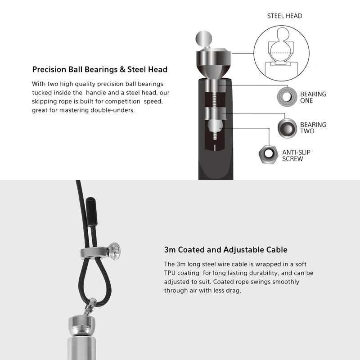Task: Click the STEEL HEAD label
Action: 284,16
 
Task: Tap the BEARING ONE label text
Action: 313,97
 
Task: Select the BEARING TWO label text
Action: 313,128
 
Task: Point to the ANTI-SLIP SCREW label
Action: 296,155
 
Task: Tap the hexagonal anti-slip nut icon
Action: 262,154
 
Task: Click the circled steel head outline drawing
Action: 254,53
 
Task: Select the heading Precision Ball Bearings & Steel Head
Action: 99,69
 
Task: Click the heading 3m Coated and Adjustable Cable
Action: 226,250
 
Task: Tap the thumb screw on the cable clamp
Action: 115,251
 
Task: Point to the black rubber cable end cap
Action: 91,211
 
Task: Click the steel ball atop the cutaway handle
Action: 204,39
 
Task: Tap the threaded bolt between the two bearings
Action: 214,99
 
